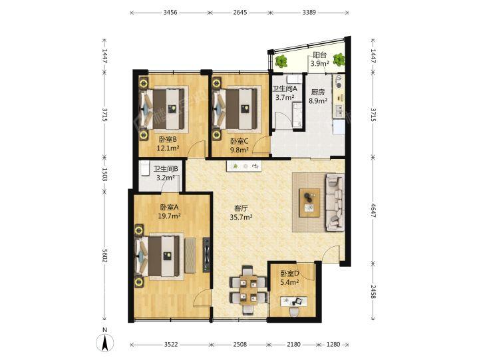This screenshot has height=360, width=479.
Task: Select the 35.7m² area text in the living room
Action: coord(241,218)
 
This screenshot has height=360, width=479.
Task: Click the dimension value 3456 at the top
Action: coord(170,13)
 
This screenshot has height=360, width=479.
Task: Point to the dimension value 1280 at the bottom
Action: coord(333,345)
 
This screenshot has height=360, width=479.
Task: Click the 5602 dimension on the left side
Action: coord(104,255)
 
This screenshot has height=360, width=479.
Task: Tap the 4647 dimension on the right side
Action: coord(373,210)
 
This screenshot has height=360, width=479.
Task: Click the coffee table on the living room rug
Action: coord(309,202)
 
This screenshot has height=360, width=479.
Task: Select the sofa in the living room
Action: coord(335,202)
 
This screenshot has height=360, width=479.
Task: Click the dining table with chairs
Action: coord(248,290)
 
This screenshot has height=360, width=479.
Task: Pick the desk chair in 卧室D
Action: coord(293,311)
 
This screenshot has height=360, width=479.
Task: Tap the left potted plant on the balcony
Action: coord(281,61)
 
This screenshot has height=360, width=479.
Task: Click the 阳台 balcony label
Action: coord(319,55)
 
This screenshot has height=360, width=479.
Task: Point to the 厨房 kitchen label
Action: coord(318,92)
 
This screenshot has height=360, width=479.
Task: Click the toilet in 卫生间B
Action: coord(144,168)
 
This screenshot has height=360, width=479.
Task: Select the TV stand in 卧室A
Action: coord(207,255)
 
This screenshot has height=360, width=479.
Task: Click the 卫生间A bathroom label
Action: coord(285,89)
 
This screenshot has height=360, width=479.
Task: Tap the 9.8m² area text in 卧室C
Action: coord(239,150)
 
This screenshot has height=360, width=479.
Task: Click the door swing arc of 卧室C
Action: coord(259,143)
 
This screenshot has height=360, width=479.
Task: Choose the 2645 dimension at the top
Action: coord(240,13)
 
